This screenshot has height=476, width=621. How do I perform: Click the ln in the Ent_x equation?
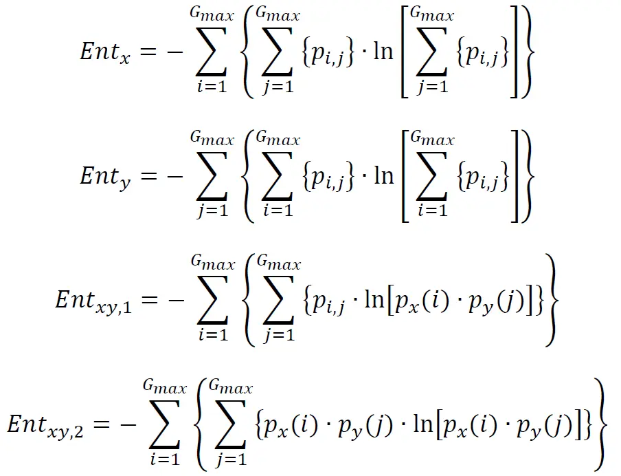tap(383, 53)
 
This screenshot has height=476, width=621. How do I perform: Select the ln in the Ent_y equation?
tap(383, 175)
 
